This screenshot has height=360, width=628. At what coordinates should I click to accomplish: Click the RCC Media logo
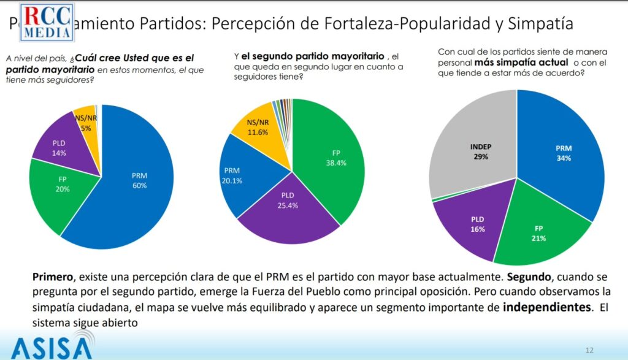48,23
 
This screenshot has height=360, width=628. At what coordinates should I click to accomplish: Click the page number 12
589,350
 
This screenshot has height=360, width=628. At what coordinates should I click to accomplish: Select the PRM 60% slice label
139,180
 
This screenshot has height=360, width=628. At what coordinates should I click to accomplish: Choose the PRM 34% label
564,153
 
